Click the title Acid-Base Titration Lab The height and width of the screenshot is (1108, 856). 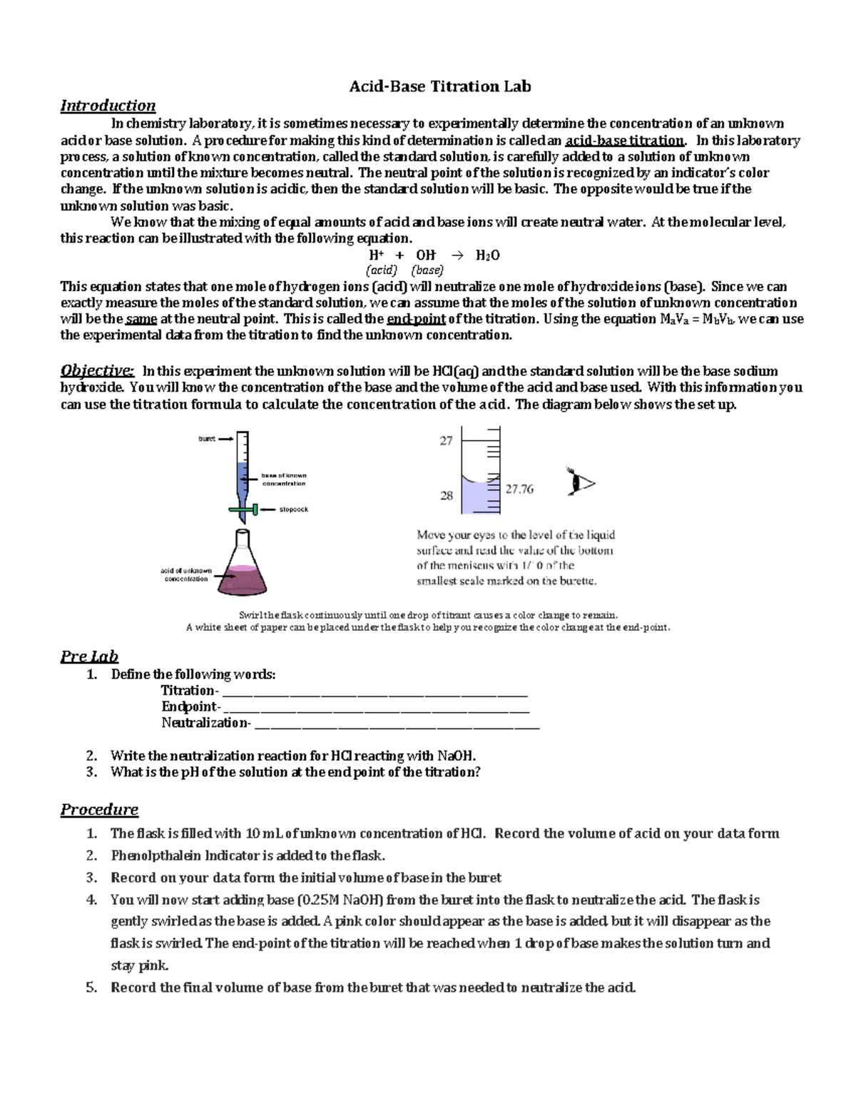click(439, 87)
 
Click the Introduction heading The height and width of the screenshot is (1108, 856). click(108, 106)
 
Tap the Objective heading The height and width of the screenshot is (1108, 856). click(97, 370)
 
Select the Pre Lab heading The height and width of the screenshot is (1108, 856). click(89, 656)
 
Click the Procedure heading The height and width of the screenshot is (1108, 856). click(99, 810)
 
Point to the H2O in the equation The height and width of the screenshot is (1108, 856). click(487, 255)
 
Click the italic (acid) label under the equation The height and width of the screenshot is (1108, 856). click(381, 270)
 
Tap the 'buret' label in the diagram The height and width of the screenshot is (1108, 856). click(207, 439)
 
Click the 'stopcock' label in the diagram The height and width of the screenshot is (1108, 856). click(293, 509)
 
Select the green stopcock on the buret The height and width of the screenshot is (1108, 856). click(243, 509)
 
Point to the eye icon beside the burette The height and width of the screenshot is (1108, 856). click(581, 482)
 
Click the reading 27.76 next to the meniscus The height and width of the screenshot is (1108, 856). click(519, 489)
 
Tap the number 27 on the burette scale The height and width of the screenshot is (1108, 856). click(446, 441)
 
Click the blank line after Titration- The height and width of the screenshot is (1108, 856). click(374, 691)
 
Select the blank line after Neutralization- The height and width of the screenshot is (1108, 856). click(397, 724)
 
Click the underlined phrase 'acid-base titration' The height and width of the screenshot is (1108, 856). click(624, 141)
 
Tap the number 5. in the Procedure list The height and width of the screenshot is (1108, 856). click(91, 988)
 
